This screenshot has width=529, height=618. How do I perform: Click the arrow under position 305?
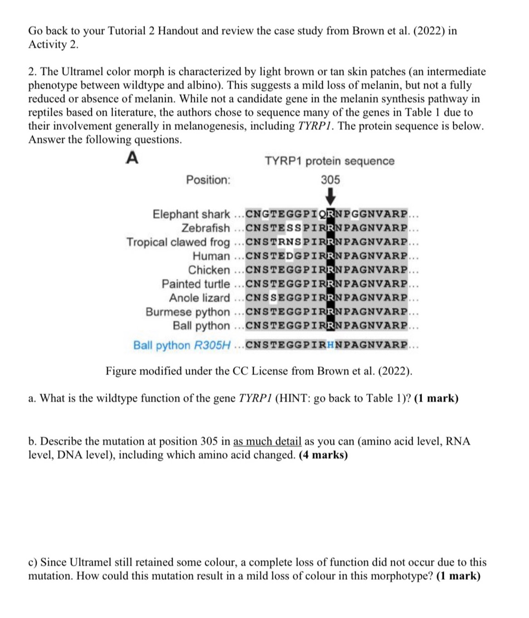[x=330, y=197]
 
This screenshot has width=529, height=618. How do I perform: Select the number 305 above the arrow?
[x=330, y=180]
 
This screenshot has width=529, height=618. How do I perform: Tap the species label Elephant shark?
[x=191, y=214]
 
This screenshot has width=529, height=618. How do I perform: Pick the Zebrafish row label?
[x=206, y=228]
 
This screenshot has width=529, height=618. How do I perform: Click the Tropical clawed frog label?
[x=178, y=242]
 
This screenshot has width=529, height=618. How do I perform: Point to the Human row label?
[x=211, y=256]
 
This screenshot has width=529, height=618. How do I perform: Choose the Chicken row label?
[x=209, y=270]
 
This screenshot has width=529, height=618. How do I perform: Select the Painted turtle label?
[x=196, y=284]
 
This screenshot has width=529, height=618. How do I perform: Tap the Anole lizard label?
[x=199, y=298]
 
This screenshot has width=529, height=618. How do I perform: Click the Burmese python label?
[x=187, y=312]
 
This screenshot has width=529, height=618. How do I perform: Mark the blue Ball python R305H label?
[x=181, y=345]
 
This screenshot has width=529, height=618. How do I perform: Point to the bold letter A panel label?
[x=132, y=158]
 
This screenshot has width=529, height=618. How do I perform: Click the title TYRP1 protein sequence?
[x=329, y=161]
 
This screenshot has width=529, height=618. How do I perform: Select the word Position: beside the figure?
[x=208, y=180]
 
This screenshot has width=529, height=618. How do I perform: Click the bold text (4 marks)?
[x=323, y=455]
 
